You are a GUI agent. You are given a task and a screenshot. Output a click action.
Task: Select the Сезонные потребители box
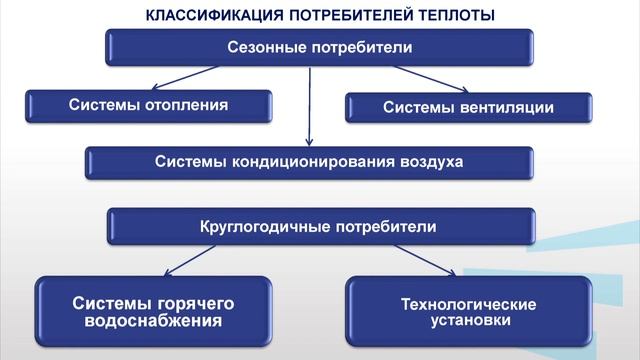point(319,47)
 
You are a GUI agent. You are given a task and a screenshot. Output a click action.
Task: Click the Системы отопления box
point(149,104)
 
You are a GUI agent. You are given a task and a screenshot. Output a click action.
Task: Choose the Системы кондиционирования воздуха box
point(309,162)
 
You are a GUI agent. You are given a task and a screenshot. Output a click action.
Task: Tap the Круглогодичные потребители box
point(320,226)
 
